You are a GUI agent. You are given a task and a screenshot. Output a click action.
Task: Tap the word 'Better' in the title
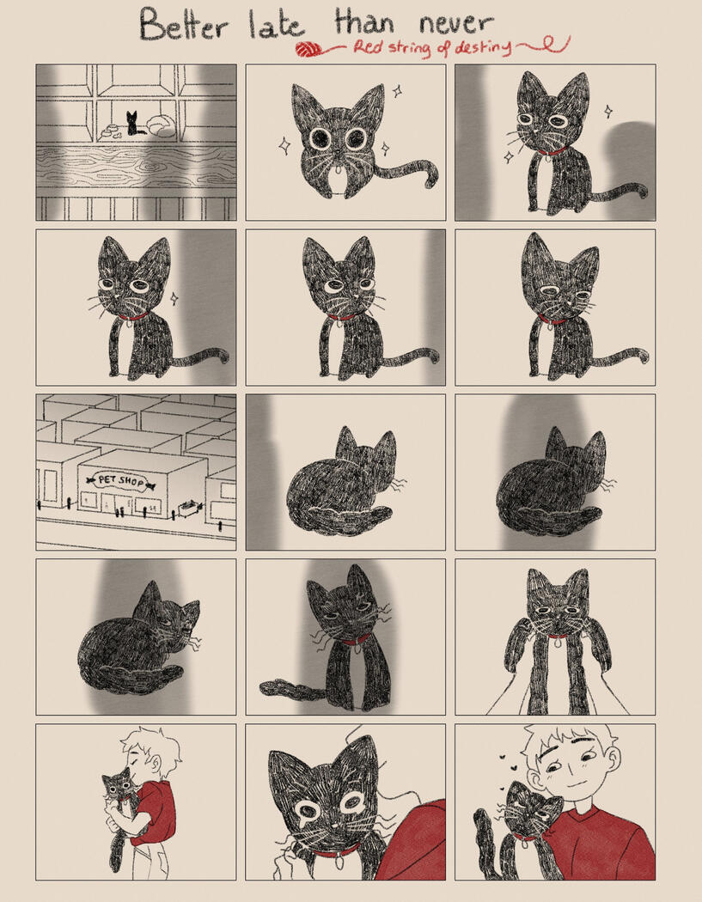click(x=184, y=25)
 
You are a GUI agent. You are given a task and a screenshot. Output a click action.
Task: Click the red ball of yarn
click(x=309, y=50)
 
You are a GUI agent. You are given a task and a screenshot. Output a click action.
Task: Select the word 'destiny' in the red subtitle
click(x=482, y=46)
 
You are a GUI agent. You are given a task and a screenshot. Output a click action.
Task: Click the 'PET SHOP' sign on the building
click(x=121, y=480)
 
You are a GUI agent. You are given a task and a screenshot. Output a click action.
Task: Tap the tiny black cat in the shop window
click(x=133, y=124)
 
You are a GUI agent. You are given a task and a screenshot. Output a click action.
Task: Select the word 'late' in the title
click(x=276, y=25)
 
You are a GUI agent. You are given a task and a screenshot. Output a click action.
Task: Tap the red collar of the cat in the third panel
click(x=552, y=152)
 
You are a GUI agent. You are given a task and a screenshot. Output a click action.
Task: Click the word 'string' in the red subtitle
click(x=410, y=48)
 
